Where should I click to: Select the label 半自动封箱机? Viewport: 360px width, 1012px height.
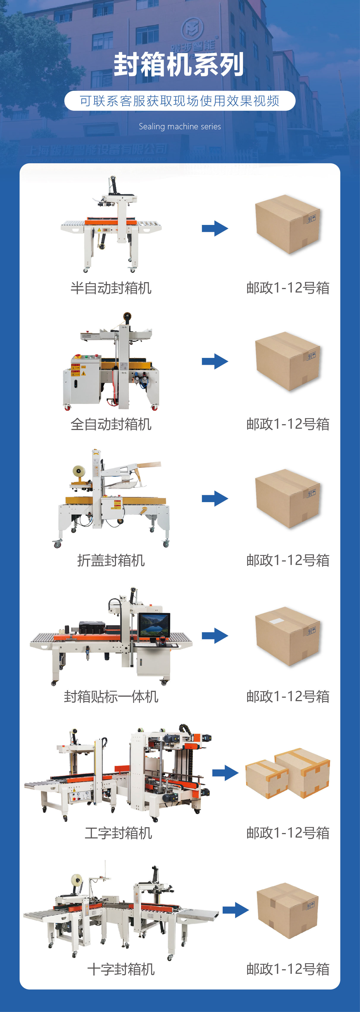[111, 288]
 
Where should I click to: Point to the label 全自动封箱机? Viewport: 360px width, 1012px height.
[111, 424]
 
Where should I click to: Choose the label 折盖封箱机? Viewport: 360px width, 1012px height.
[111, 561]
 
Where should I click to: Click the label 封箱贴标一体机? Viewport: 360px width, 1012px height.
[111, 697]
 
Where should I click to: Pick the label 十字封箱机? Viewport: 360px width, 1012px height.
[121, 969]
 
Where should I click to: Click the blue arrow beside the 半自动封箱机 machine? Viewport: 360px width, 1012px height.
[215, 228]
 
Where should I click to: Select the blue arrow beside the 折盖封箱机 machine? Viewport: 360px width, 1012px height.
[215, 498]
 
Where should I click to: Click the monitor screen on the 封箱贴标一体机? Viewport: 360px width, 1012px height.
[154, 625]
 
